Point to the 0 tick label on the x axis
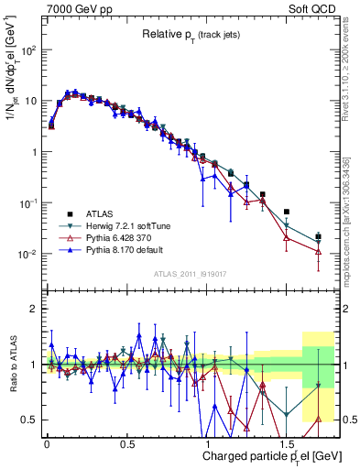point(47,442)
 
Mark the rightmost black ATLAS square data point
point(318,236)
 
